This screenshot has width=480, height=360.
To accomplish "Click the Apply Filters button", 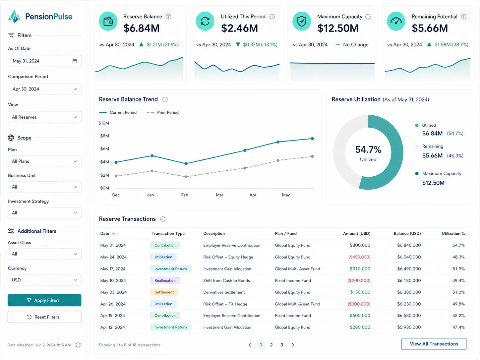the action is point(44,300).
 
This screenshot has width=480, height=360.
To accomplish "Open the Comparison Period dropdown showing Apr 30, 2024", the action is point(44,89).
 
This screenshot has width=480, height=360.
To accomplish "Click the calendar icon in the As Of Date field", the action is point(75,61).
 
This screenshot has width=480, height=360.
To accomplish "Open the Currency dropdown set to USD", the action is point(44,280).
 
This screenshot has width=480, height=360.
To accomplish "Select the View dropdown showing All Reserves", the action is point(44,117).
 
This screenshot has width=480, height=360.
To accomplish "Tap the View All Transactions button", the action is point(434,344).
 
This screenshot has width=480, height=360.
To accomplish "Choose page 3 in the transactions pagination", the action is point(282,345).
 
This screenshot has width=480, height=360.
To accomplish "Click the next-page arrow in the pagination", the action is point(293,345).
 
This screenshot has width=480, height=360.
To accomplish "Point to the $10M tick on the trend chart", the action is point(104,123).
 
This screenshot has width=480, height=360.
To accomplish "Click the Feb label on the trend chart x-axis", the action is point(185,195).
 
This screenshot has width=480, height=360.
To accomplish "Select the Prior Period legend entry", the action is point(162,112).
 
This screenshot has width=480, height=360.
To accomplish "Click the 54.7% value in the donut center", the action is point(368,150).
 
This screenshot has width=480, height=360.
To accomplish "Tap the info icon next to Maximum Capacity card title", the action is point(368,17).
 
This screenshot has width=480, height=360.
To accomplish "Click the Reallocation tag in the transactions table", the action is point(165,280).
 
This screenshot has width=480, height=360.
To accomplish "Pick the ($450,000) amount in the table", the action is point(359,257).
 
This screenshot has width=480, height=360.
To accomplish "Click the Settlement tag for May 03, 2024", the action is point(164,292).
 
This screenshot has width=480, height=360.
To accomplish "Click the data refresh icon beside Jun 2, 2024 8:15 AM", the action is point(78,345).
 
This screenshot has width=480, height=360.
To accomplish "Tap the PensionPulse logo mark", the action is point(15,16).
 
